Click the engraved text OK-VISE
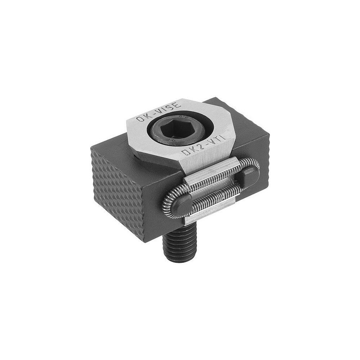click(x=159, y=112)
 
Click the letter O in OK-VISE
click(x=140, y=120)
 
